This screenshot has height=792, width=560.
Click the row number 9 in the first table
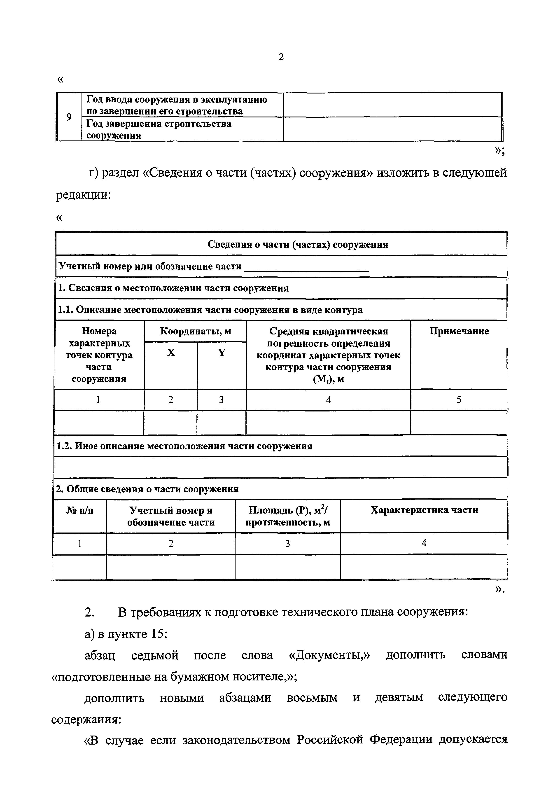[69, 117]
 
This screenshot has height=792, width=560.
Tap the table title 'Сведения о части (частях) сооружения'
[298, 245]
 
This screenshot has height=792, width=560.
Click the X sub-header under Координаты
[171, 353]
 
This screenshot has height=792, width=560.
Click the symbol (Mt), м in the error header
[328, 379]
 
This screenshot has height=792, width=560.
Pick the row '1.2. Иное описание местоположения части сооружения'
[184, 446]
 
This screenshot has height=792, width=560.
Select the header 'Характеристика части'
[424, 510]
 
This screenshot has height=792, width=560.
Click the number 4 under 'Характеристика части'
[424, 543]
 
